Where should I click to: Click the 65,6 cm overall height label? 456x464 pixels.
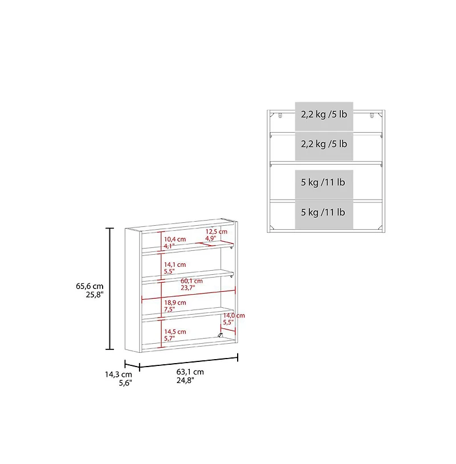click(89, 286)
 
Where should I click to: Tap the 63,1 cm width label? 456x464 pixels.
click(190, 372)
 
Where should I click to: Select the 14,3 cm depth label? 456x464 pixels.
click(119, 375)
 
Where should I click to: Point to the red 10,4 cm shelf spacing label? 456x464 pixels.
click(175, 239)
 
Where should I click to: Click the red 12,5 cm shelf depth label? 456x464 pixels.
click(216, 231)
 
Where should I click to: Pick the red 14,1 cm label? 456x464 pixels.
click(175, 264)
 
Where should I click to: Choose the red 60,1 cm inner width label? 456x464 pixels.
click(192, 281)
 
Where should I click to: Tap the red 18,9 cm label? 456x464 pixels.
click(175, 303)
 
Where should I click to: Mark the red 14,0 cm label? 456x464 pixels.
click(234, 315)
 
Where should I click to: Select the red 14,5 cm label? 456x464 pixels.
click(175, 332)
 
